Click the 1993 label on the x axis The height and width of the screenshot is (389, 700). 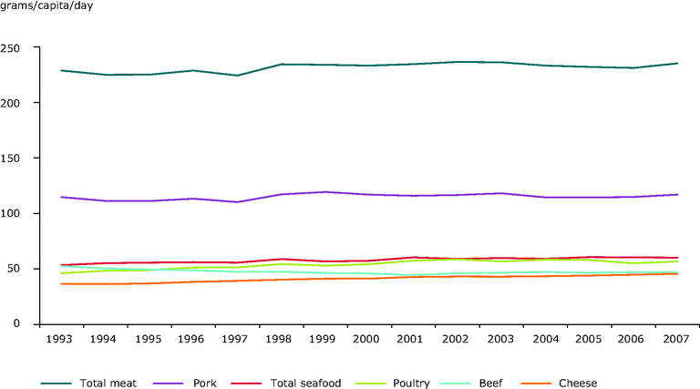tap(61, 340)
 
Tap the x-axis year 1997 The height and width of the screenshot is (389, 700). tap(236, 340)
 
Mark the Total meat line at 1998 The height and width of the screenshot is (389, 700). tap(280, 65)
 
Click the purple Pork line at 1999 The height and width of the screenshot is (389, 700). tap(324, 192)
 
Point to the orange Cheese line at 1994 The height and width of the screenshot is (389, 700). tap(105, 284)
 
